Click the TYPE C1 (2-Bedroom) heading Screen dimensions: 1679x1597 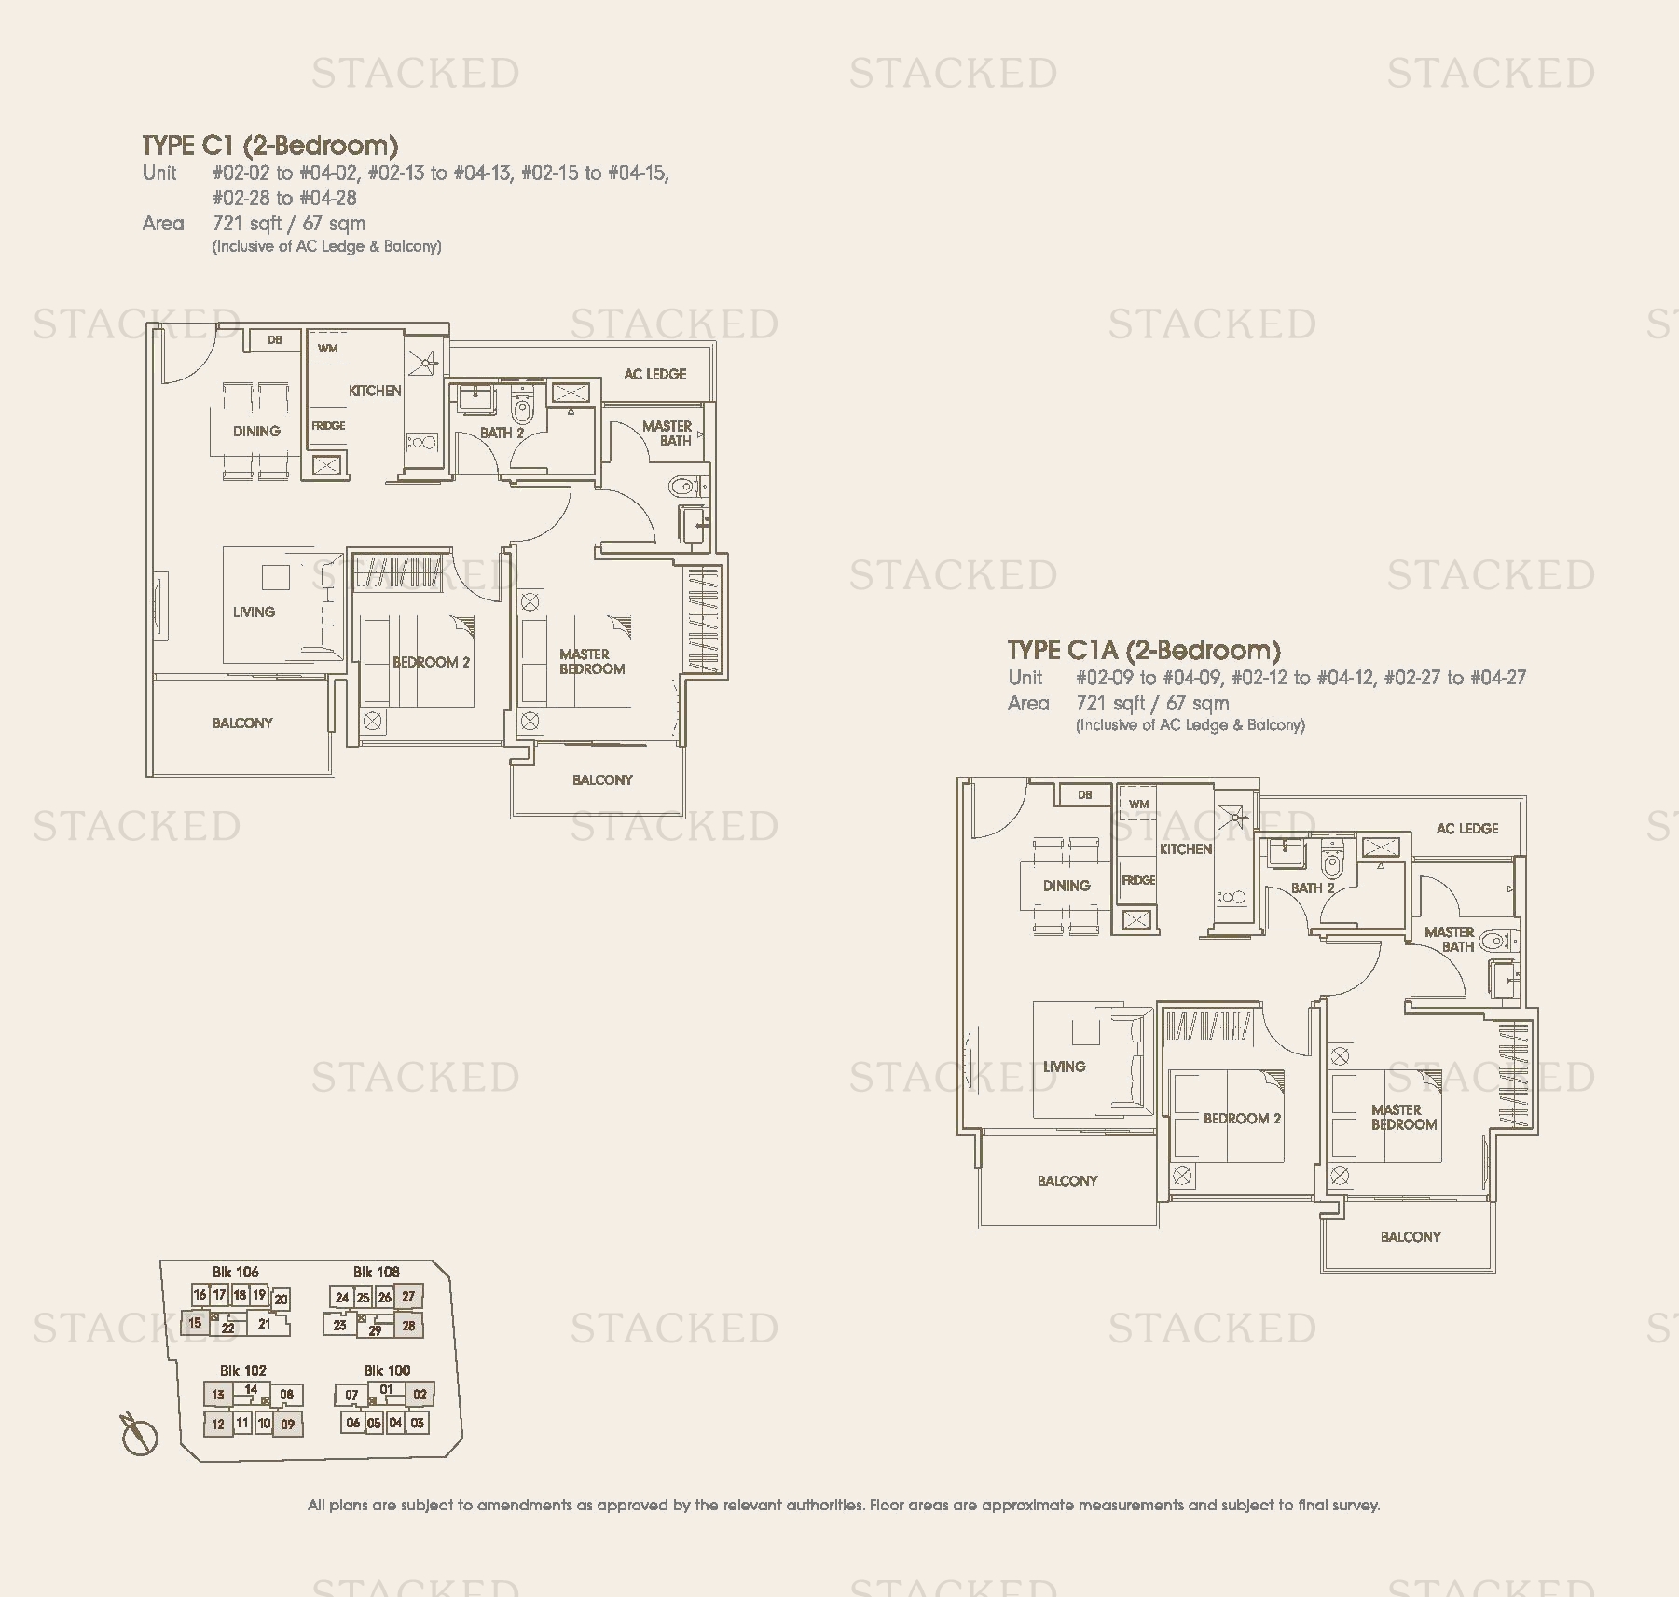[x=270, y=145]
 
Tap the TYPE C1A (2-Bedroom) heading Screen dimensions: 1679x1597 [x=1144, y=651]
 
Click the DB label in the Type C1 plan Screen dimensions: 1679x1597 [x=275, y=340]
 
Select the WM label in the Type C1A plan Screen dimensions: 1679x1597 [x=1139, y=804]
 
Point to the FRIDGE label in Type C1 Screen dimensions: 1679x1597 [x=328, y=425]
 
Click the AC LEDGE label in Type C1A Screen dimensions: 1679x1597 [x=1467, y=828]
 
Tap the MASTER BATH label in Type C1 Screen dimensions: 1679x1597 [x=667, y=434]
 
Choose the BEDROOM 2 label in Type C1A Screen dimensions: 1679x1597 [x=1242, y=1118]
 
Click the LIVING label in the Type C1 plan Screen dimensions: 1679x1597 [x=254, y=612]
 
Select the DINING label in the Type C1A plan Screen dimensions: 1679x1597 [x=1067, y=886]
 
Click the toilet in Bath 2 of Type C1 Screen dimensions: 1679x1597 [x=522, y=406]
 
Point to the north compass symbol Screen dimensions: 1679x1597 [x=139, y=1434]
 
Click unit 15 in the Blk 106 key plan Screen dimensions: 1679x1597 [x=195, y=1323]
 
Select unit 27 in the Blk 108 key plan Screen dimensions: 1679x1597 [x=408, y=1297]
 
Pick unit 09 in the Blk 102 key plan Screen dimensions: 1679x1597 [x=288, y=1424]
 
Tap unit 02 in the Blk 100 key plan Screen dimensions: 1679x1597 [x=420, y=1395]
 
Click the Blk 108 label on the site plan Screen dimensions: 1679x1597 [x=376, y=1272]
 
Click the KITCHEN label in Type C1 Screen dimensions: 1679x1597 [x=375, y=391]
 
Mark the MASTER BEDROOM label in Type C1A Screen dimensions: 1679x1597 [x=1404, y=1117]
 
